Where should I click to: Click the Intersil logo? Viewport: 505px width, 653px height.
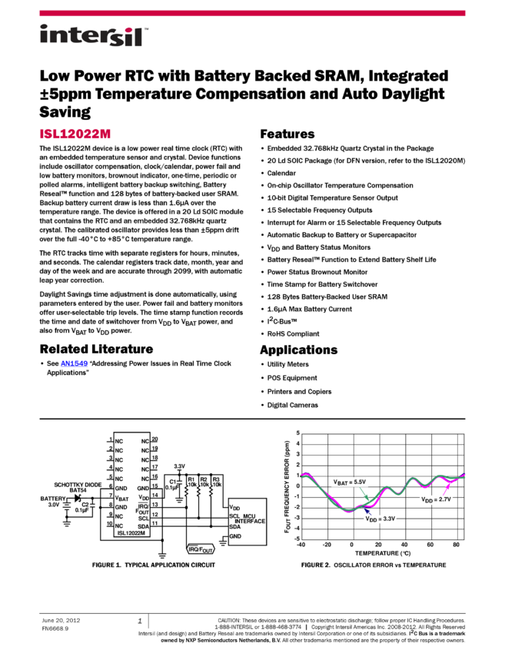click(94, 36)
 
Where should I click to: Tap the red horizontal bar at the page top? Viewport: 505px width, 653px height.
click(252, 13)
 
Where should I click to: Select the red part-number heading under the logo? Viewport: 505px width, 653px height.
click(75, 134)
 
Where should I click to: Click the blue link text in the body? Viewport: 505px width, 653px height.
click(74, 363)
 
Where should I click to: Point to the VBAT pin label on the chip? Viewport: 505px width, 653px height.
click(121, 498)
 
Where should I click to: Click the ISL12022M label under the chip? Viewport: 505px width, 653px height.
click(132, 532)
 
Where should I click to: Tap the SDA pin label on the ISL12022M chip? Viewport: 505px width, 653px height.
click(143, 526)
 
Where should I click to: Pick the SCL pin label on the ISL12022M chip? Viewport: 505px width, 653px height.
click(143, 518)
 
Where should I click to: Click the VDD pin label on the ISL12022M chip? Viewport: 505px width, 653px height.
click(143, 498)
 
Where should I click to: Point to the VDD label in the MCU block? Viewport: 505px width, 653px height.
click(234, 508)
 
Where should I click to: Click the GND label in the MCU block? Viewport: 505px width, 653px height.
click(235, 536)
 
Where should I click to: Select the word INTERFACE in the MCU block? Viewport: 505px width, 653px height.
click(250, 521)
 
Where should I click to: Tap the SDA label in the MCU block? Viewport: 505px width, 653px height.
click(234, 527)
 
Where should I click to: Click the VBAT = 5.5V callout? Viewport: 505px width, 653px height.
click(351, 482)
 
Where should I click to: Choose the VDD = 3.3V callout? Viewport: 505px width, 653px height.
click(379, 519)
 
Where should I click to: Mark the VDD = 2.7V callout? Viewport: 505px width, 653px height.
click(437, 499)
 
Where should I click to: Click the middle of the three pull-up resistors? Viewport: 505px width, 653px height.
click(198, 490)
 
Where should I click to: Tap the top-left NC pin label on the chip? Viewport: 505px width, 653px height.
click(119, 441)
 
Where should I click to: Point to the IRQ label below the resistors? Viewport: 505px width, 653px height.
click(197, 549)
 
